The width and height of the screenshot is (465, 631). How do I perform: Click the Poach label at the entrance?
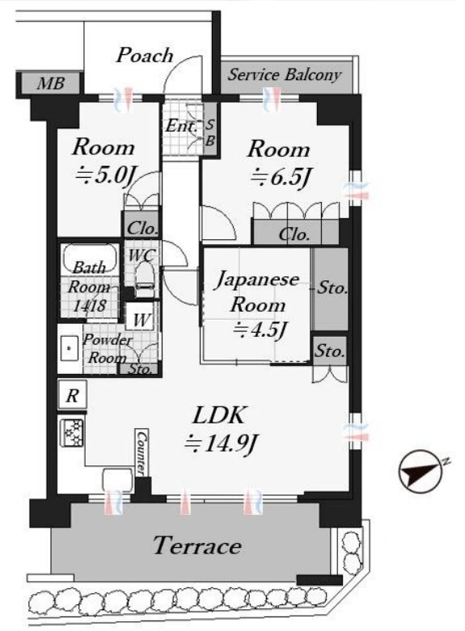coord(145,55)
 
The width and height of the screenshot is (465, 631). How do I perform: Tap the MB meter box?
coord(50,84)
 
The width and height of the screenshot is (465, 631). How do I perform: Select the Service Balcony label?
coord(284,75)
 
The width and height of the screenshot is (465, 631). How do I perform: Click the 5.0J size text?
coord(108,175)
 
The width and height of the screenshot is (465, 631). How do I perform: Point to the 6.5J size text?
coord(281,177)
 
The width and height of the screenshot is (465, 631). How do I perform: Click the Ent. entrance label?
coord(182,126)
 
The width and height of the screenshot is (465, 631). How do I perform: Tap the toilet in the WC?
coord(144,280)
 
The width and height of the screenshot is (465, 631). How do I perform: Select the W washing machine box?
coord(141,319)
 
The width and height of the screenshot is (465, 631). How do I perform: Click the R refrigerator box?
coord(72,395)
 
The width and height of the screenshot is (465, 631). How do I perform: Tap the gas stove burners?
coord(72,432)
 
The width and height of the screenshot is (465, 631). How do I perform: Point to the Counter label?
coord(141,452)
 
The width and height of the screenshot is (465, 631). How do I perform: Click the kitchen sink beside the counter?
coord(118,480)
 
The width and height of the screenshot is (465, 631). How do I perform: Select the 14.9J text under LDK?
coord(222,444)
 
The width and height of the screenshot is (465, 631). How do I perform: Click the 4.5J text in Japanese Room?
coord(260,330)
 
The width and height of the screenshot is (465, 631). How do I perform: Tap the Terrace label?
coord(197,546)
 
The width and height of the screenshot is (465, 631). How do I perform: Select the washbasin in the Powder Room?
coord(70,347)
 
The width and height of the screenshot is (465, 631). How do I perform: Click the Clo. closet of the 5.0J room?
coord(142,228)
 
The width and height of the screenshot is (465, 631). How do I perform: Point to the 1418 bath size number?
coord(90,306)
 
